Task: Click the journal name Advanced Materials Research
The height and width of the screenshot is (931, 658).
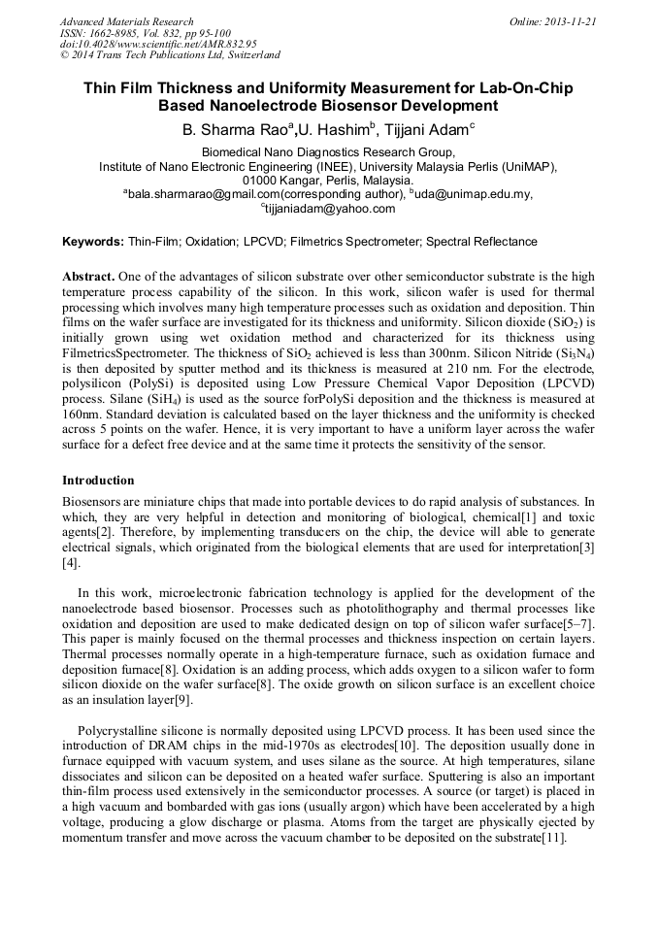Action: (x=126, y=21)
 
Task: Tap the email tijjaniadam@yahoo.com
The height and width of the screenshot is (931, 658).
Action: (x=331, y=208)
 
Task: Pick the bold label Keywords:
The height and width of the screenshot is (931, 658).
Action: (x=93, y=242)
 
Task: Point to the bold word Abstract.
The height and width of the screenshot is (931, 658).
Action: (x=89, y=277)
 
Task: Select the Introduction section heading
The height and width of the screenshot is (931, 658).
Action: (x=98, y=481)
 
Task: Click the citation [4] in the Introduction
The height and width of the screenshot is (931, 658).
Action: (x=70, y=563)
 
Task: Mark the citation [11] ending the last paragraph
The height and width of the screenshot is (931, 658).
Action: (x=557, y=837)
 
